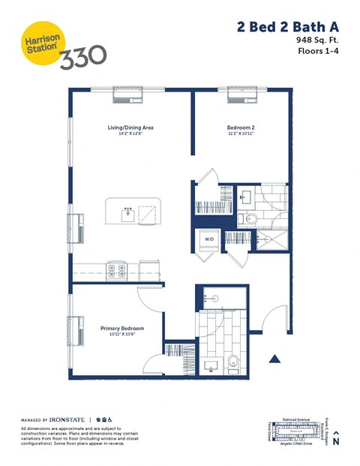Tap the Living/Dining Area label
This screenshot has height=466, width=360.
[x=130, y=128]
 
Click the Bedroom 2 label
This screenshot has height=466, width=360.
[x=240, y=128]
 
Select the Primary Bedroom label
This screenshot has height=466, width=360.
[x=122, y=329]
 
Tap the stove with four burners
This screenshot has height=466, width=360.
[x=116, y=268]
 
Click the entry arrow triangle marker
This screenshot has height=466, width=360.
[x=276, y=359]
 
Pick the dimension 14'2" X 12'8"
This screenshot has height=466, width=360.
[x=130, y=135]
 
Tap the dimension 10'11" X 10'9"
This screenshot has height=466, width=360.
[x=121, y=335]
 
